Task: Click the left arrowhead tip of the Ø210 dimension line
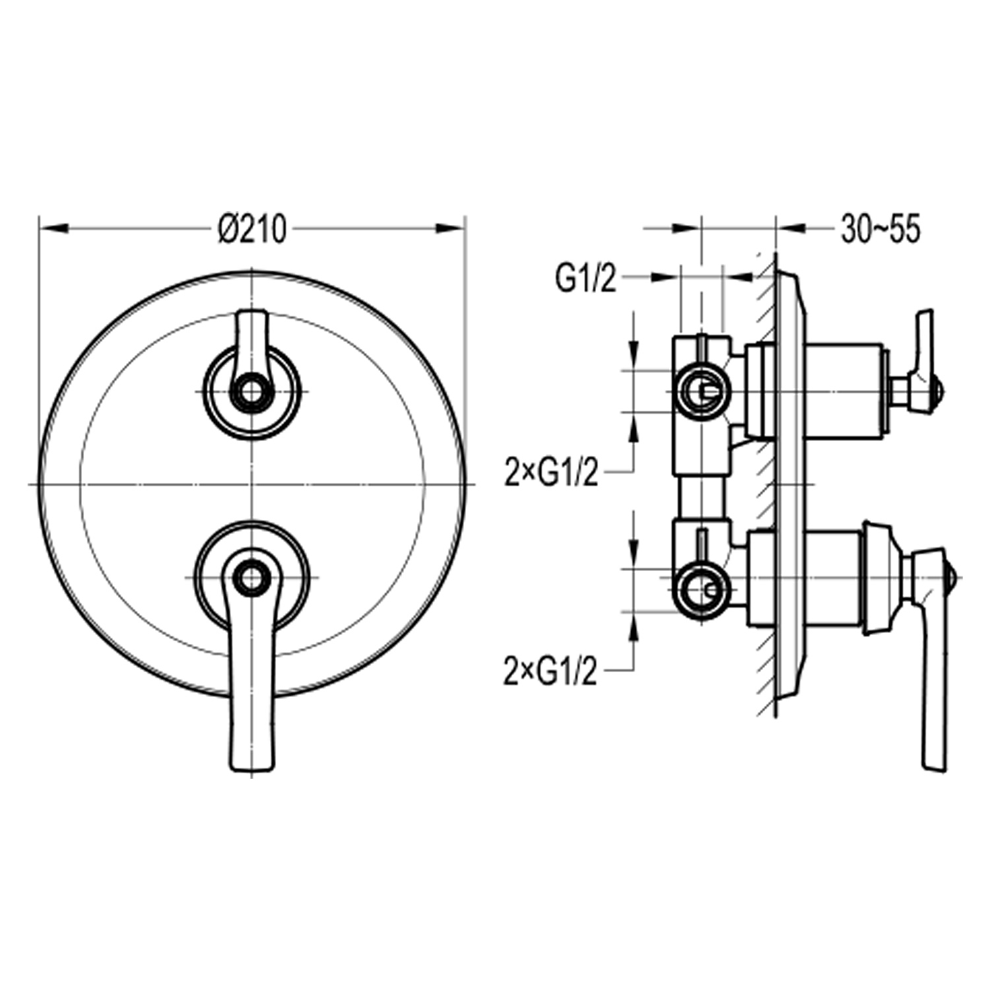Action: point(41,229)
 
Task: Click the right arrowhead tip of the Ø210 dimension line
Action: point(465,229)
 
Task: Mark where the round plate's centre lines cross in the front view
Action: point(252,484)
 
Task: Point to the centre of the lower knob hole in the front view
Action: point(251,577)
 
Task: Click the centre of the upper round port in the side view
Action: point(701,391)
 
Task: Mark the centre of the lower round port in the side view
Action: point(701,589)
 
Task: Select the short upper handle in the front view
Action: point(251,356)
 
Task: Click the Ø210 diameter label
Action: point(251,230)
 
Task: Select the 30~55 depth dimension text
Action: point(880,230)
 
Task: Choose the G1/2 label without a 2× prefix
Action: point(586,279)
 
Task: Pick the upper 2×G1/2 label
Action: point(551,473)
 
